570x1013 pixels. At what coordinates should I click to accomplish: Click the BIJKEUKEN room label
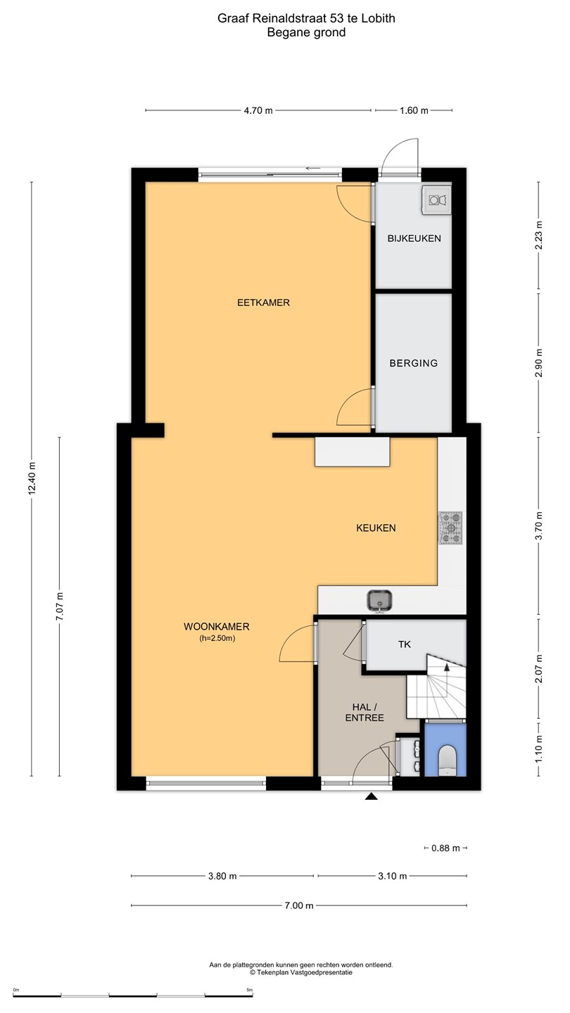pyautogui.click(x=414, y=238)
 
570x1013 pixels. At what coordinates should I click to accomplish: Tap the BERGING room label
pyautogui.click(x=414, y=363)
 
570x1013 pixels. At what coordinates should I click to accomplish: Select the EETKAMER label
pyautogui.click(x=263, y=302)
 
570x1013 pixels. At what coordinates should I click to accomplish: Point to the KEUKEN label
pyautogui.click(x=376, y=528)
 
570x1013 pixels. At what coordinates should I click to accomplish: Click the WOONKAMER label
pyautogui.click(x=217, y=626)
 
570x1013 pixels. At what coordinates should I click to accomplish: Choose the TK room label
pyautogui.click(x=405, y=644)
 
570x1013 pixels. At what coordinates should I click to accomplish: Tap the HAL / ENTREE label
pyautogui.click(x=365, y=712)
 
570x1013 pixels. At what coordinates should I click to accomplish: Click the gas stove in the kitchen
pyautogui.click(x=450, y=528)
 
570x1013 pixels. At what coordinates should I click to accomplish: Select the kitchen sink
pyautogui.click(x=379, y=601)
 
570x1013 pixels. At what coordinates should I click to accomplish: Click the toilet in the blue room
pyautogui.click(x=448, y=760)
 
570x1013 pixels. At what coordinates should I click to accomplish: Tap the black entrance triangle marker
pyautogui.click(x=372, y=796)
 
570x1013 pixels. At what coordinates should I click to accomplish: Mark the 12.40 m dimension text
pyautogui.click(x=32, y=479)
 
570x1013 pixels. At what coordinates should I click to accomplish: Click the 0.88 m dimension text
pyautogui.click(x=445, y=848)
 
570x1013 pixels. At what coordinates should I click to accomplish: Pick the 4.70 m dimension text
pyautogui.click(x=258, y=110)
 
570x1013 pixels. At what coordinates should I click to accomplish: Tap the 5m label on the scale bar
pyautogui.click(x=249, y=990)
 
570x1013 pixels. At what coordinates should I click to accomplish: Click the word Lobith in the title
pyautogui.click(x=379, y=18)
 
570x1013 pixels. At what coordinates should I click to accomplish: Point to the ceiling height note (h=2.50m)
pyautogui.click(x=217, y=639)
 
